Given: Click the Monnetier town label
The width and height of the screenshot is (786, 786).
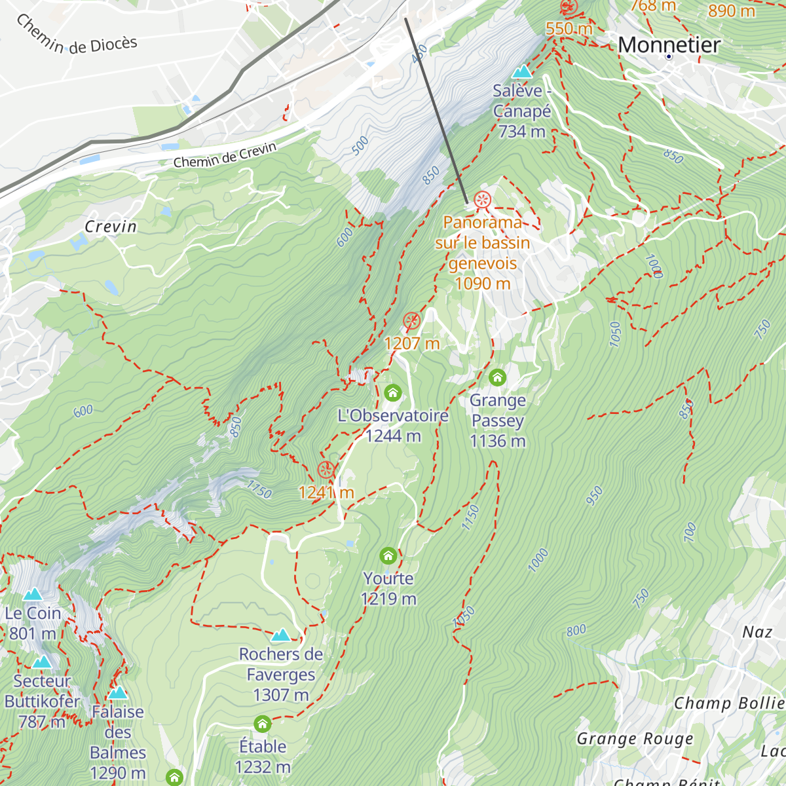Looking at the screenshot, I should pyautogui.click(x=669, y=45).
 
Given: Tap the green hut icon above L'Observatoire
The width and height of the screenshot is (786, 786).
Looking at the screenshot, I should pyautogui.click(x=393, y=392).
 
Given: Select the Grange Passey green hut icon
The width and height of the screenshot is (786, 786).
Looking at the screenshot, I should pyautogui.click(x=498, y=377).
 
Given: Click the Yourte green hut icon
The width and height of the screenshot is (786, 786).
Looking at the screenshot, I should pyautogui.click(x=388, y=556).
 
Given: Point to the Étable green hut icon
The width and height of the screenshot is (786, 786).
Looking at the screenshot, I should pyautogui.click(x=263, y=724).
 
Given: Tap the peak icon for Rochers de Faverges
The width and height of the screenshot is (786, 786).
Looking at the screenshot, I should pyautogui.click(x=281, y=635).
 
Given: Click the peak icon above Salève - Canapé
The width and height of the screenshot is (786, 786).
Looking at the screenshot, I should pyautogui.click(x=522, y=71).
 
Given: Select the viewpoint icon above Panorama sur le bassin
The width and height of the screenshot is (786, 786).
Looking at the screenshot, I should pyautogui.click(x=482, y=200).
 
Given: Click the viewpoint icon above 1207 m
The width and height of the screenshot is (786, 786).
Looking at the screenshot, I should pyautogui.click(x=411, y=321).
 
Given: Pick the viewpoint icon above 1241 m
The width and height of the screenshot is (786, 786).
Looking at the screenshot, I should pyautogui.click(x=326, y=470).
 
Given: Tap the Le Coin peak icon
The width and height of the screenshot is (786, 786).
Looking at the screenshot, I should pyautogui.click(x=33, y=594).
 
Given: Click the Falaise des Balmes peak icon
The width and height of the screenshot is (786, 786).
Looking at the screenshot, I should pyautogui.click(x=118, y=692).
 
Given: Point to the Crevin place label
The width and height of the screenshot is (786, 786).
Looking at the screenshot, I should pyautogui.click(x=111, y=227).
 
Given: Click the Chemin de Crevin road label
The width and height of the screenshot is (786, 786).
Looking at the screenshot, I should pyautogui.click(x=225, y=156).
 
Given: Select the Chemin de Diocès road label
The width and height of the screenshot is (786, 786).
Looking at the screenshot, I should pyautogui.click(x=77, y=37).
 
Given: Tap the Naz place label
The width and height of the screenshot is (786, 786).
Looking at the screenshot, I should pyautogui.click(x=757, y=632).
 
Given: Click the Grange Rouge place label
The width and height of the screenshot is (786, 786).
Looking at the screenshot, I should pyautogui.click(x=634, y=739).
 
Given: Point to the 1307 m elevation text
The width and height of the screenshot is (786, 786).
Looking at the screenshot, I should pyautogui.click(x=280, y=695).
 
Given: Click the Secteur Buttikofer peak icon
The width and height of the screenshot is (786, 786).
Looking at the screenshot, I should pyautogui.click(x=42, y=662).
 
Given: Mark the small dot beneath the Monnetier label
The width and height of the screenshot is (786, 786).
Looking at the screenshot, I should pyautogui.click(x=669, y=57).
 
